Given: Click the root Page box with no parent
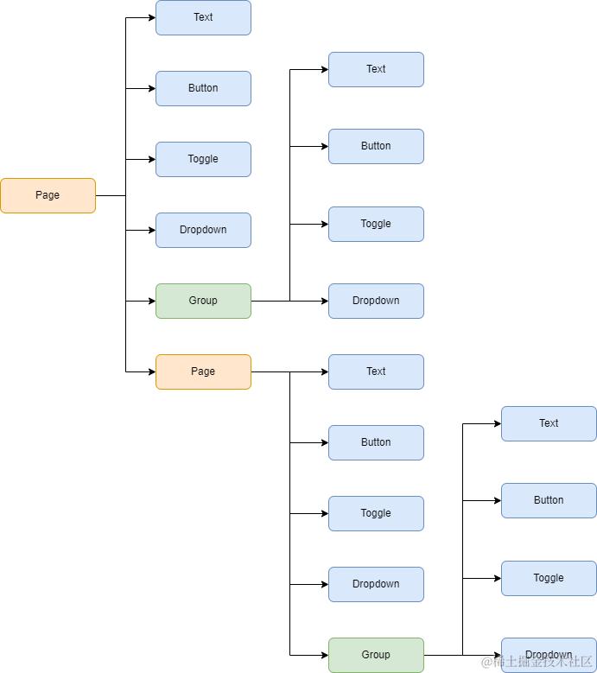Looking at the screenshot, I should pos(48,195).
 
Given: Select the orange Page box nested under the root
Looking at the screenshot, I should pos(203,371).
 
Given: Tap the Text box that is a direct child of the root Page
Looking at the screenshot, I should pos(203,17).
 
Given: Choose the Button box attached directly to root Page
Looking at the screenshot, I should pos(203,88).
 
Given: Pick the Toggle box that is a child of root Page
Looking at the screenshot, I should pos(203,159).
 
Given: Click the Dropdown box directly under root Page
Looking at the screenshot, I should pos(203,230).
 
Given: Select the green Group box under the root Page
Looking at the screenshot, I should pos(203,301).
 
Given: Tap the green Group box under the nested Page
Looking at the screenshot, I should pos(376,655).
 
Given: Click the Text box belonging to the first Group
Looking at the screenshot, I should pos(376,69).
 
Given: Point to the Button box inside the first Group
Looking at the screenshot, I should pos(376,146).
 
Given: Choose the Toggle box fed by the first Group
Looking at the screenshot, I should pos(376,224).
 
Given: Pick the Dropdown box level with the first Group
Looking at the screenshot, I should pos(376,301).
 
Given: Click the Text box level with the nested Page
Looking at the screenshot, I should pos(376,371).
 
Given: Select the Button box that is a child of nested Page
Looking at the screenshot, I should pos(376,442).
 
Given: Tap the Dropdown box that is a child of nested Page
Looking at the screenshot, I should pos(376,584).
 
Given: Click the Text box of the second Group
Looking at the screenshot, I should pos(549,423).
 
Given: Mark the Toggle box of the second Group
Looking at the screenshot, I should pos(549,578).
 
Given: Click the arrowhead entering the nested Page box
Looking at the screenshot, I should pos(151,371).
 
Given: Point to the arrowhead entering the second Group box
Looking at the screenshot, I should pos(324,655).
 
